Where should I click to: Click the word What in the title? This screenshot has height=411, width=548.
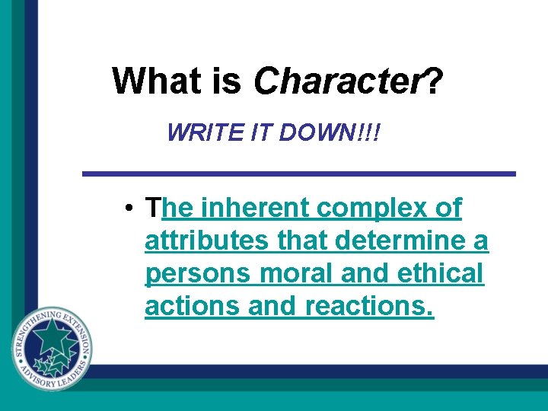click(156, 80)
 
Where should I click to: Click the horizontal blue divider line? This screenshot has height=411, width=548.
click(298, 174)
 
